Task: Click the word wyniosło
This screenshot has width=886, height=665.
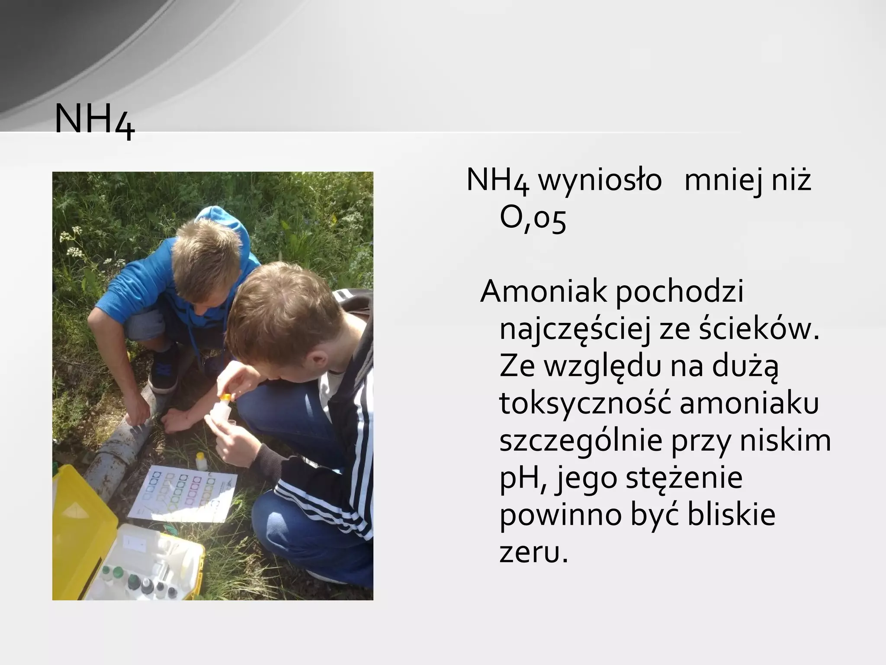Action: click(x=600, y=180)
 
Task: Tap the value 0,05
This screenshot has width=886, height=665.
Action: click(x=533, y=220)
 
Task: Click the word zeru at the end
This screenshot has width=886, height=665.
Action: click(x=533, y=552)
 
